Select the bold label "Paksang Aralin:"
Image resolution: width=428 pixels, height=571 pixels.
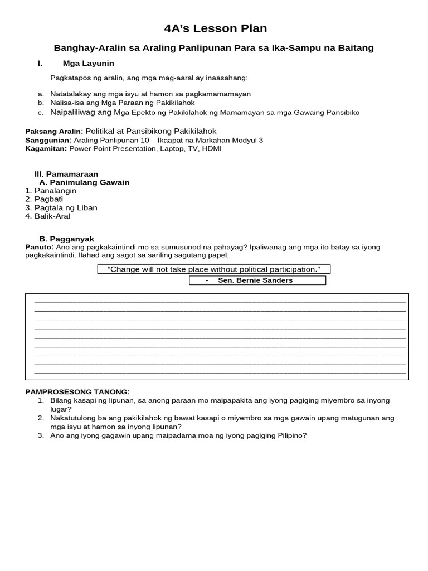[54, 131]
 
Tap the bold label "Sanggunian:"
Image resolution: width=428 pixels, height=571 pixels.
[48, 140]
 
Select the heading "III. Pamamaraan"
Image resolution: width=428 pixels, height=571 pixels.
[66, 174]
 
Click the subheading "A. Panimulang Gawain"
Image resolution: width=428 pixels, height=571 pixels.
[84, 182]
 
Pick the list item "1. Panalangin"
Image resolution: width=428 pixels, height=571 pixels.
[51, 191]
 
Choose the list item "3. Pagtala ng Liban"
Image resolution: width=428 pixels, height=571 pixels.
[61, 207]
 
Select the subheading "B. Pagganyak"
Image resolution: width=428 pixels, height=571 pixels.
[66, 239]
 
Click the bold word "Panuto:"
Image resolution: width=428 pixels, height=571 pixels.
[39, 247]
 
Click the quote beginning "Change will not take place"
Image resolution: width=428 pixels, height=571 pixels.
[214, 269]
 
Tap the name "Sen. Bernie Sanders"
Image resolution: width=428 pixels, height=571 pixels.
[255, 280]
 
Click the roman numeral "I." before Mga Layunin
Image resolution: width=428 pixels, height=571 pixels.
[40, 64]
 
